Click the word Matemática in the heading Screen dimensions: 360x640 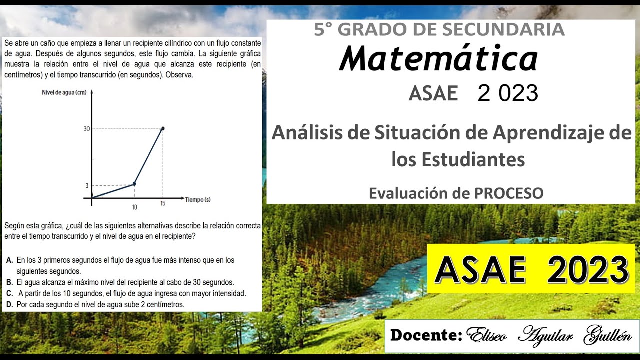(438, 59)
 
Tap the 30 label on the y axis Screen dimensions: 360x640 (87, 129)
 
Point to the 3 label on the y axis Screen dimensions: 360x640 (87, 185)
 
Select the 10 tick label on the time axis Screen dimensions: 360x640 (134, 207)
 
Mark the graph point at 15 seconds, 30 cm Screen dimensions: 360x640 (163, 128)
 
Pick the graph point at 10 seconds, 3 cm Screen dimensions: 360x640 (134, 184)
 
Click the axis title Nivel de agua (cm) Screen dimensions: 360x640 (64, 92)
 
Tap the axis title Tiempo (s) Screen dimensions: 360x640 (198, 200)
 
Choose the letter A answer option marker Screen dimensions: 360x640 (10, 260)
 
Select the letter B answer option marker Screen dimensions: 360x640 (10, 282)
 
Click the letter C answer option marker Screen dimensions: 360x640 (10, 293)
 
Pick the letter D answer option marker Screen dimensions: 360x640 (10, 304)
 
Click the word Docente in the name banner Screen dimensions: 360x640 (426, 335)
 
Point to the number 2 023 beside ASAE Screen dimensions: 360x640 (508, 93)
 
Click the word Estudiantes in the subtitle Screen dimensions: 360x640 (458, 160)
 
